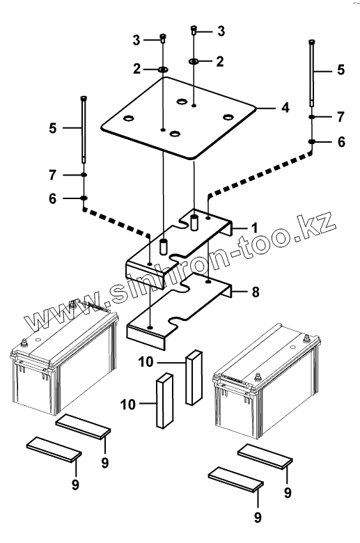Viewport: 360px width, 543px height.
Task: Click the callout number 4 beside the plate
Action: coord(285,108)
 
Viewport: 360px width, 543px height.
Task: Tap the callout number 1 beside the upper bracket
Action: coord(255,228)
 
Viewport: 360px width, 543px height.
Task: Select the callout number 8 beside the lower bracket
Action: coord(256,292)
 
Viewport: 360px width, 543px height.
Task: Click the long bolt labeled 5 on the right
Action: coord(312,73)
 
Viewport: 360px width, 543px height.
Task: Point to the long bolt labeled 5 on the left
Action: coord(84,129)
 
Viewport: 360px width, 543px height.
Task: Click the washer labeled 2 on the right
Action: coord(194,61)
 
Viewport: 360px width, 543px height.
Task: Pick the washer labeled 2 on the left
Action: coord(163,70)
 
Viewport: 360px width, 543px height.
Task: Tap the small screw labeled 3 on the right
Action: coord(194,30)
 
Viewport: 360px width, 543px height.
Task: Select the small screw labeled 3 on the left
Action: coord(162,38)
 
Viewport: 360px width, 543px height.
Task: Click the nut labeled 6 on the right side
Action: coord(312,141)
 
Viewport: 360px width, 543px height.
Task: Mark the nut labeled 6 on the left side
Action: coord(84,198)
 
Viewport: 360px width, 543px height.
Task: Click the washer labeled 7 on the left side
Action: coord(84,175)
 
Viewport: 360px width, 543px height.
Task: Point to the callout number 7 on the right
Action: coord(341,117)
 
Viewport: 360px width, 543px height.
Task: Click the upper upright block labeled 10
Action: coord(194,377)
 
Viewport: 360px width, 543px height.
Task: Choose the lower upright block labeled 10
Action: coord(164,400)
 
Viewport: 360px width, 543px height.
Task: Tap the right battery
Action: coord(266,380)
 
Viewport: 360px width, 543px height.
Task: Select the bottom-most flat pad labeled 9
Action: coord(235,479)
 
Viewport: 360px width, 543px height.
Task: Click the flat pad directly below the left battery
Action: coord(83,426)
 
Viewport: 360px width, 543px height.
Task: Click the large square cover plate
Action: coord(178,118)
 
